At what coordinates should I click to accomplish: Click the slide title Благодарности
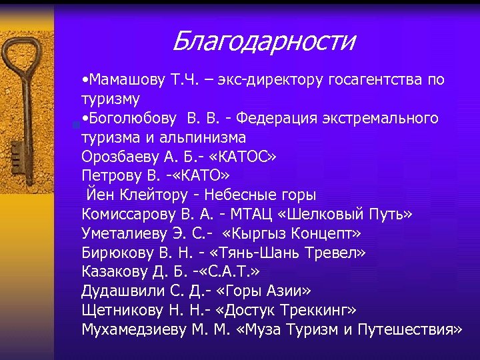click(x=263, y=41)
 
